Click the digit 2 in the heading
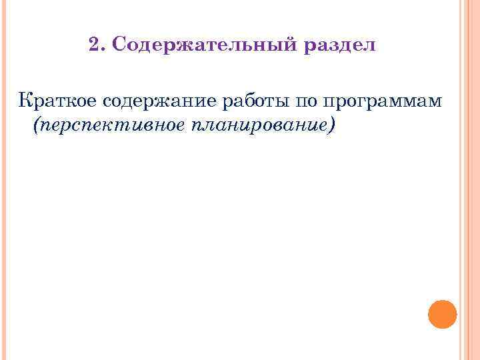93,45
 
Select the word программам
381,102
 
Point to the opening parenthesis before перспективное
35,125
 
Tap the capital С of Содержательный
119,45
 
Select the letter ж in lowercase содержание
155,101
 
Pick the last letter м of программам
436,102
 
